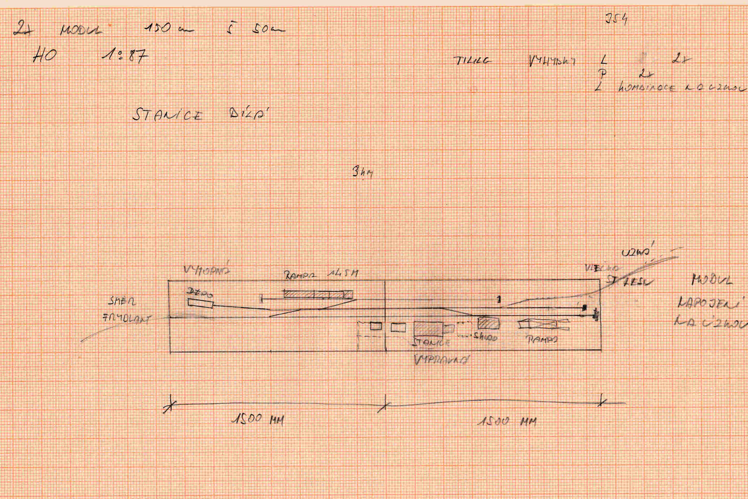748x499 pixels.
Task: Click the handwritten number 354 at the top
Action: pos(616,19)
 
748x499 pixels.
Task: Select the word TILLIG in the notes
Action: pos(472,60)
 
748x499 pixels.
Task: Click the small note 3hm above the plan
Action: pos(363,173)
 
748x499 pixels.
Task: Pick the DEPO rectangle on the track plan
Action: pos(200,303)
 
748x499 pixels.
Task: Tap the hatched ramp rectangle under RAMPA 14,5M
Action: pos(318,294)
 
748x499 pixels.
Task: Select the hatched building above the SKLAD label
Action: pos(488,323)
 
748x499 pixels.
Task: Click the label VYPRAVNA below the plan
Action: pos(442,360)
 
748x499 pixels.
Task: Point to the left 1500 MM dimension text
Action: pos(258,419)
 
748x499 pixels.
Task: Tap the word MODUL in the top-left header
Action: pos(81,30)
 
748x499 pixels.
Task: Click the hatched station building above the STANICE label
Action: pos(429,329)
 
